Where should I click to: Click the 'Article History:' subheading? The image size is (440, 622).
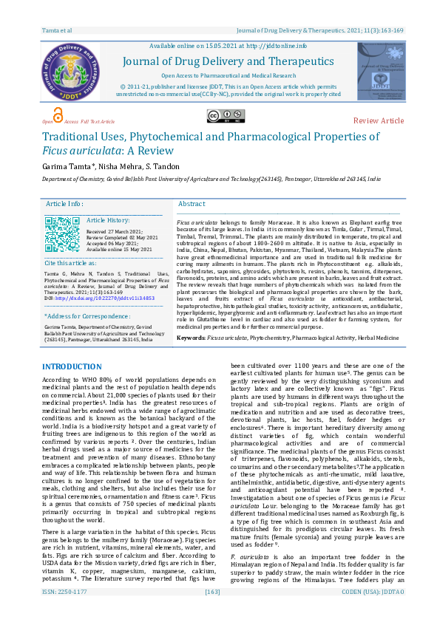click(x=108, y=220)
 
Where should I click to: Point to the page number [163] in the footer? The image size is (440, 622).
click(x=213, y=613)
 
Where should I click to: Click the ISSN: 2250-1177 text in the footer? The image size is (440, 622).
click(x=64, y=613)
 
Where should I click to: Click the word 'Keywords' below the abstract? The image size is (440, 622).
click(x=191, y=337)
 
